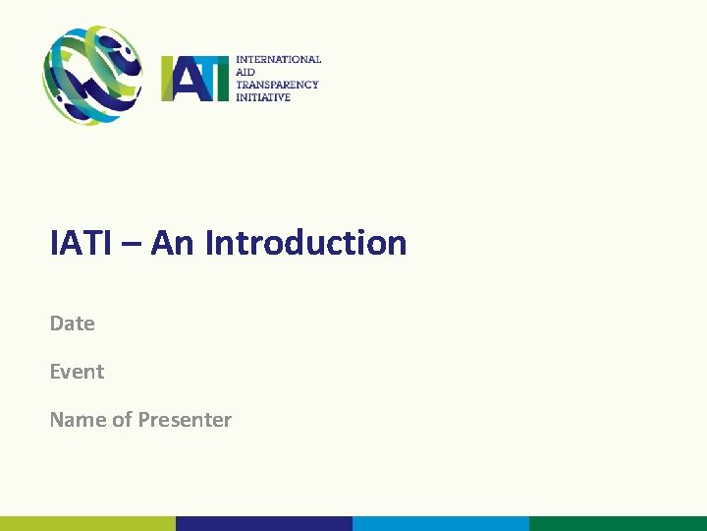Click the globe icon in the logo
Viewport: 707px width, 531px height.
point(91,75)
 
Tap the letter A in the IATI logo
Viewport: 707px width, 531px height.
point(186,79)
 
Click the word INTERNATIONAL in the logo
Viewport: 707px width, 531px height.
point(278,60)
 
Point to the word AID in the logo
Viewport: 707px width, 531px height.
point(245,73)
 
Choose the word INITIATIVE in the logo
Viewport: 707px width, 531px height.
point(263,97)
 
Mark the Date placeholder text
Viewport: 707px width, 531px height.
point(72,324)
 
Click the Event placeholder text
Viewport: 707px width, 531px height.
point(77,372)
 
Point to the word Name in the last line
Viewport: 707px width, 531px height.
point(78,420)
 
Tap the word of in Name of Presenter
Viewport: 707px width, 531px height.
point(122,420)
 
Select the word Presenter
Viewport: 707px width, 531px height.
point(185,420)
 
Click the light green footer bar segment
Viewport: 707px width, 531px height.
point(87,523)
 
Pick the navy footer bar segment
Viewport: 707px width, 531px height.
point(264,523)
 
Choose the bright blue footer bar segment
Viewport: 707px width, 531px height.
point(441,523)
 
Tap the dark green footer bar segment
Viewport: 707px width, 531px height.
point(618,523)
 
